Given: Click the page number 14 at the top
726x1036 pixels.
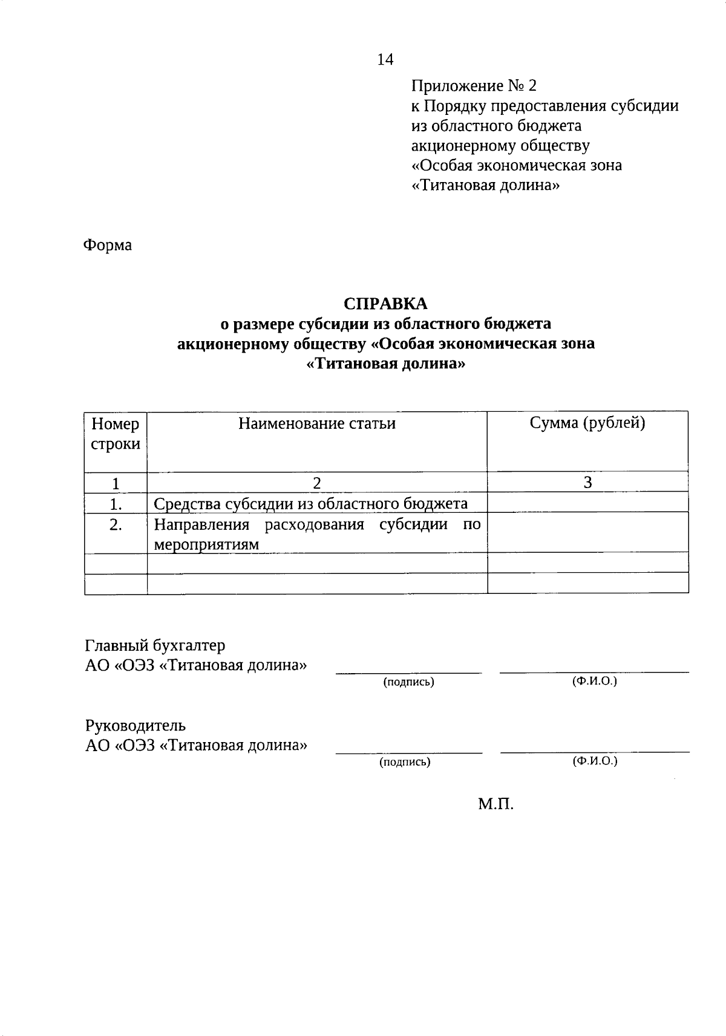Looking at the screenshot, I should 385,59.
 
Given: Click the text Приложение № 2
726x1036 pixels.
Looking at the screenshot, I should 474,86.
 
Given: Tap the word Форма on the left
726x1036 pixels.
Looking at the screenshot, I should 107,246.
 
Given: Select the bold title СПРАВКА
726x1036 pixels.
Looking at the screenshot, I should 385,304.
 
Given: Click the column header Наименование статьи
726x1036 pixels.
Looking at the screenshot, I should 316,423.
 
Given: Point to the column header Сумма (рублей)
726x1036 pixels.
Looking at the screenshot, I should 587,423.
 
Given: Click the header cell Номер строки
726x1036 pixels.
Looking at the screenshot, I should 116,434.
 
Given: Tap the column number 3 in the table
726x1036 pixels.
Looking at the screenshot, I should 587,482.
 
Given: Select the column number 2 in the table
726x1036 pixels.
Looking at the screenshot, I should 316,483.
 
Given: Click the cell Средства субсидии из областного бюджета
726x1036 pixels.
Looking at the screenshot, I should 311,504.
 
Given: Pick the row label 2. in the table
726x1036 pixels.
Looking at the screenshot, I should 116,525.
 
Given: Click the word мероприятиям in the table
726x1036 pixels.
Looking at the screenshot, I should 206,544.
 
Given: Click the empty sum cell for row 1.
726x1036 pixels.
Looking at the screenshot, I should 587,503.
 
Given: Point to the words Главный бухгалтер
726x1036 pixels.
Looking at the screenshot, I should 155,645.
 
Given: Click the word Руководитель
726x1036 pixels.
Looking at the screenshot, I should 136,725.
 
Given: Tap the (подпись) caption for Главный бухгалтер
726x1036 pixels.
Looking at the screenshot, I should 409,682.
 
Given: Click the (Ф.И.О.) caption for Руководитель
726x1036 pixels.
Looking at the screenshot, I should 595,761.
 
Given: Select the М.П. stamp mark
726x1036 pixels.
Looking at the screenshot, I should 495,804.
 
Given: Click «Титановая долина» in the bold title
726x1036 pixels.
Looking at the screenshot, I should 386,364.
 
